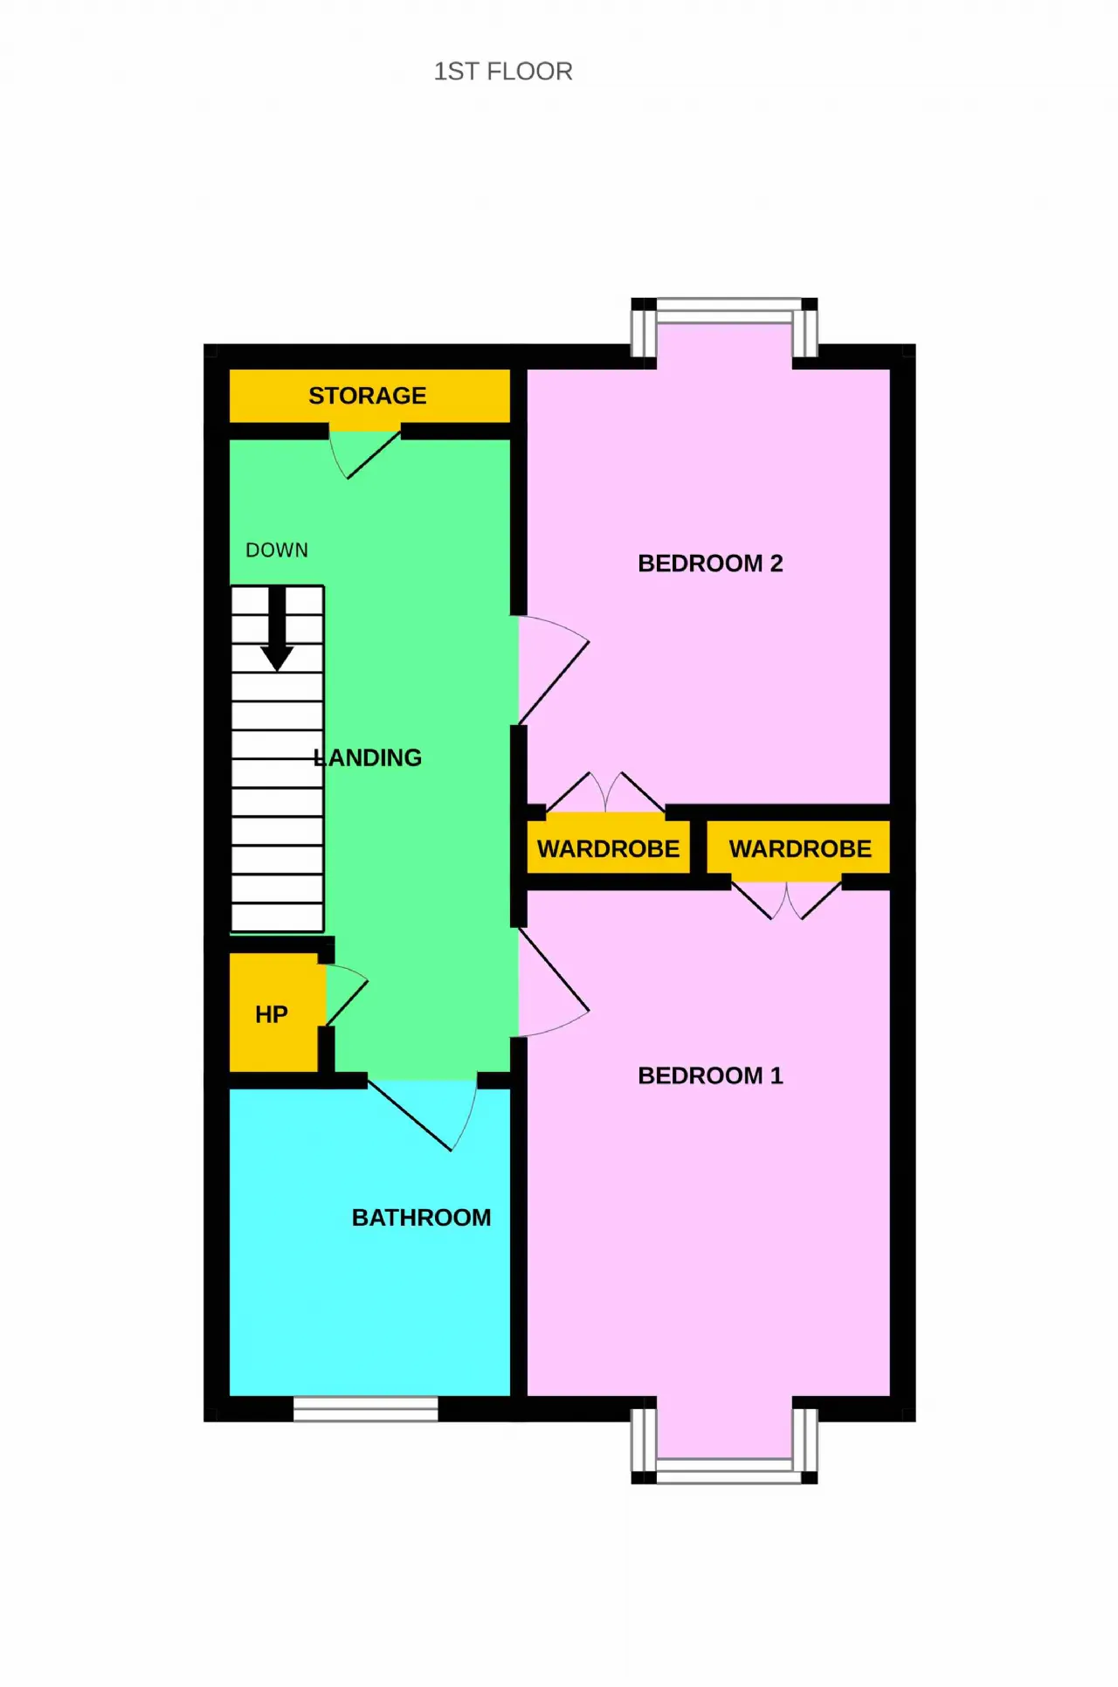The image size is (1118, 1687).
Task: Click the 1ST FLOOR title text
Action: [x=503, y=72]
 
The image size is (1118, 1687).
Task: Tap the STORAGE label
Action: [x=368, y=396]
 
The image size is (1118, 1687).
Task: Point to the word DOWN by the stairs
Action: [x=277, y=550]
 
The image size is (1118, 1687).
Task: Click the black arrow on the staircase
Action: [x=277, y=628]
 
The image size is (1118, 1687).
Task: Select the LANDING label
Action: [x=368, y=757]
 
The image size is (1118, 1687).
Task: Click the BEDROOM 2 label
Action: [x=710, y=563]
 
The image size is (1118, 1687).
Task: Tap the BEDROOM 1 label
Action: [x=710, y=1075]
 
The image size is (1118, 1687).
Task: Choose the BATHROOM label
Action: [x=421, y=1218]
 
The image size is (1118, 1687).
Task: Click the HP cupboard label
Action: [x=272, y=1014]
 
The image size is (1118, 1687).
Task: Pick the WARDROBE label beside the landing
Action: [x=608, y=849]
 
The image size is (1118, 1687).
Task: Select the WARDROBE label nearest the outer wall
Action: [x=800, y=849]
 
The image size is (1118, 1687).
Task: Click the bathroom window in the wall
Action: [x=365, y=1409]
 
